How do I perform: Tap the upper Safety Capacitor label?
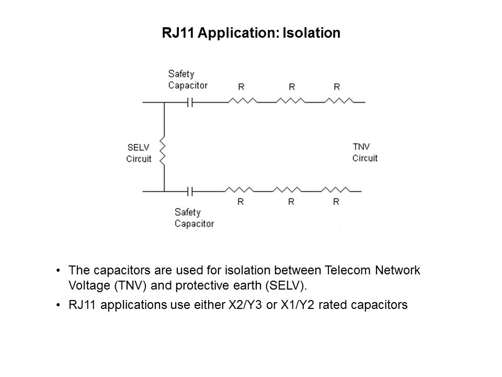click(x=188, y=80)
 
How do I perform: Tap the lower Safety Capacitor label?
click(x=194, y=218)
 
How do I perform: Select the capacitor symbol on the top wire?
click(x=191, y=103)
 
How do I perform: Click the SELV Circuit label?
click(x=139, y=153)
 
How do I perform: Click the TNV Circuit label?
click(x=364, y=152)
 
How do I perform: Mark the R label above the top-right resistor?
click(x=336, y=86)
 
